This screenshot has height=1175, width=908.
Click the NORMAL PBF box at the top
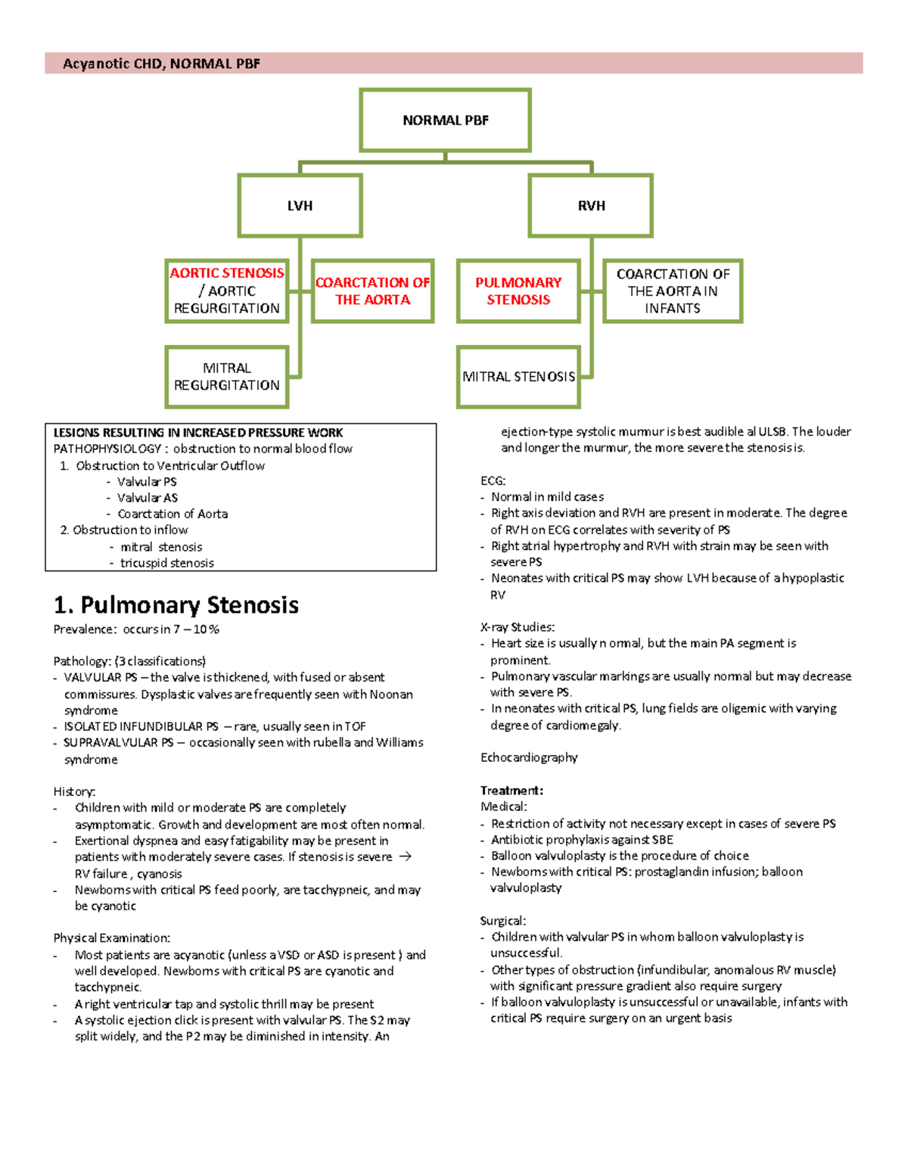[x=445, y=120]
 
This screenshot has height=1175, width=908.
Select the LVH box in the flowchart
[x=300, y=206]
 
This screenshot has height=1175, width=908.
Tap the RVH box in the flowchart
[x=591, y=206]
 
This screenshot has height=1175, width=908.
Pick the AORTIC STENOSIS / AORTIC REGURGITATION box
[x=227, y=291]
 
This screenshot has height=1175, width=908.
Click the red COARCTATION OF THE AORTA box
[x=372, y=291]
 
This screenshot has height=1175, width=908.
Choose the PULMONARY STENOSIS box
[x=518, y=291]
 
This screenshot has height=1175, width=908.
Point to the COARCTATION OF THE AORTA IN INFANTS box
[x=673, y=291]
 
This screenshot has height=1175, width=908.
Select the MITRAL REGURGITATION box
[x=227, y=377]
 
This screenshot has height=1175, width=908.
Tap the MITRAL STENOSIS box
[x=518, y=377]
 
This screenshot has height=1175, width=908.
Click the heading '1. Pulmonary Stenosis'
[x=176, y=605]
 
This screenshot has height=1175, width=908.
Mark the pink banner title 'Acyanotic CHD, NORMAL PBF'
[x=161, y=64]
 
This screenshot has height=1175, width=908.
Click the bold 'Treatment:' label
[x=512, y=791]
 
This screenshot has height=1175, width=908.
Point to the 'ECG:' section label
[x=493, y=480]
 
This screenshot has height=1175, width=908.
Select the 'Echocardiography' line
[x=529, y=757]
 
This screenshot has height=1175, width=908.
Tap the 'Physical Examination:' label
[x=112, y=938]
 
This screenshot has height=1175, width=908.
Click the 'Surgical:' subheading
[x=502, y=921]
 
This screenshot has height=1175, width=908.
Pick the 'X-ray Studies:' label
[x=518, y=627]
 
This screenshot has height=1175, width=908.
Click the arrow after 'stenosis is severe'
[x=405, y=856]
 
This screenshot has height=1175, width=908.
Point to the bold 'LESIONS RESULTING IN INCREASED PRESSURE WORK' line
[x=198, y=433]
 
